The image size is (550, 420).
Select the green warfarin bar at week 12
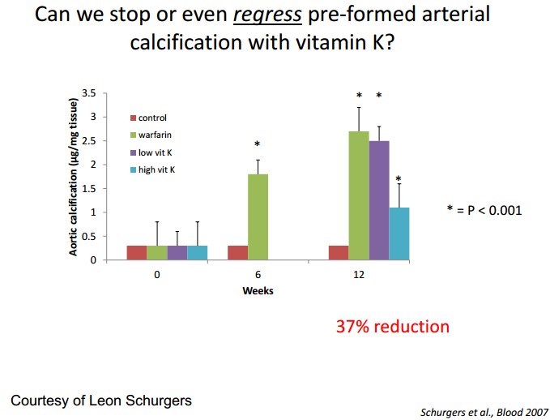coord(359,195)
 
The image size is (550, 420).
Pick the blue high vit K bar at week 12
coord(399,234)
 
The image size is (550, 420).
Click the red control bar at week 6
coord(238,252)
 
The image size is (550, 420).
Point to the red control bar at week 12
coord(339,252)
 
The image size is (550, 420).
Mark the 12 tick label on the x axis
coord(358,275)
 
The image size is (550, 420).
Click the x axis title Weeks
coord(258,291)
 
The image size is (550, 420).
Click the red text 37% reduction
coord(392,327)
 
